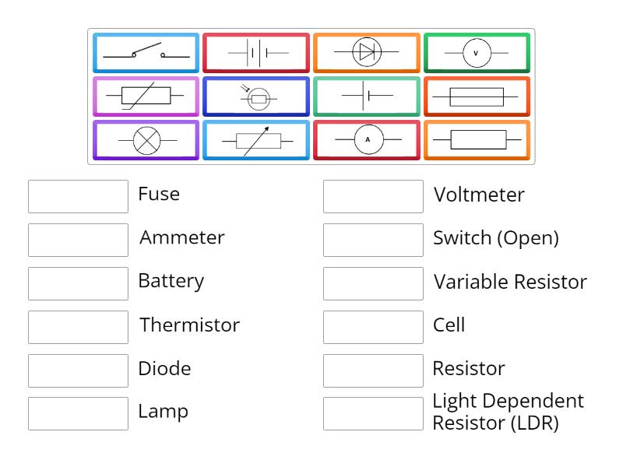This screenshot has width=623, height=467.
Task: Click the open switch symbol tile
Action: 146,53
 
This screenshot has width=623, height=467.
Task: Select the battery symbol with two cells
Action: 256,53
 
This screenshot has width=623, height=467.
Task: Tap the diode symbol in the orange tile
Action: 367,53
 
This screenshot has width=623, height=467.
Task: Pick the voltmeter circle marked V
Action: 477,53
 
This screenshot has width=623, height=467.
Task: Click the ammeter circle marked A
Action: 367,140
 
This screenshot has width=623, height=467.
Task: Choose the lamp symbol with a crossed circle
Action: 146,140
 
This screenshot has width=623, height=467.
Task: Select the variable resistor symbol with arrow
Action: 256,140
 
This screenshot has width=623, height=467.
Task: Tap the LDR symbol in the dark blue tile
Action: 256,97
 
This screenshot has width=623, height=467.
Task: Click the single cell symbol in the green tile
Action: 367,97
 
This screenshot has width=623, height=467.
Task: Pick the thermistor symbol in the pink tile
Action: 146,97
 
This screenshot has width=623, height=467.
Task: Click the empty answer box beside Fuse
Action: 78,196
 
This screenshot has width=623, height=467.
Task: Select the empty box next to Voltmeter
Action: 373,196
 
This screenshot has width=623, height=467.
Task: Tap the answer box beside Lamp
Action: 78,413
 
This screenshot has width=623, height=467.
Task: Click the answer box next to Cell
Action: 373,327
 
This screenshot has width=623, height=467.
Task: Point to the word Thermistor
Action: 189,325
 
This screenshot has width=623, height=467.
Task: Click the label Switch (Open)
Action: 495,238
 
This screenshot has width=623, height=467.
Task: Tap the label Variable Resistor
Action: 509,282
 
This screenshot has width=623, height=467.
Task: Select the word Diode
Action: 164,368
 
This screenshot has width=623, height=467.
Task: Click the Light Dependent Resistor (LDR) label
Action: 508,413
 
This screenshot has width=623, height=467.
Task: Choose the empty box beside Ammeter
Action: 78,240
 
